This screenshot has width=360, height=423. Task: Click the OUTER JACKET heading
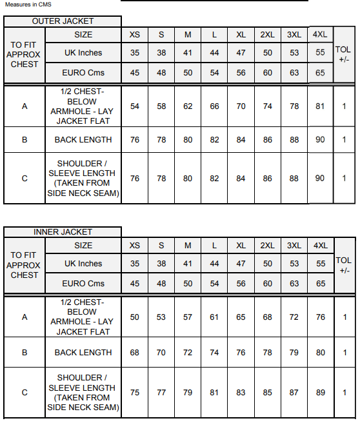click(x=63, y=21)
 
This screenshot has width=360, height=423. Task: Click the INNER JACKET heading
click(x=63, y=232)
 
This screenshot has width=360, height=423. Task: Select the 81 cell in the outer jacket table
click(x=320, y=106)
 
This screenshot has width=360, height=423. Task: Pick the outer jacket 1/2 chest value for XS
click(x=135, y=106)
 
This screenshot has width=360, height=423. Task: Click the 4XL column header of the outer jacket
click(x=319, y=35)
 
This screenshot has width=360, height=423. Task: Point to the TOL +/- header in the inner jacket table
click(x=344, y=265)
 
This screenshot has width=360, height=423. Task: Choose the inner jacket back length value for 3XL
click(x=294, y=353)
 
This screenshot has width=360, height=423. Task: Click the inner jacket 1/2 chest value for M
click(x=188, y=317)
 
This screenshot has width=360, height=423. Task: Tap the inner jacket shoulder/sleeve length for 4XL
click(x=320, y=393)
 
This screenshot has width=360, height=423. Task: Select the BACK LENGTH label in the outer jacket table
click(x=83, y=140)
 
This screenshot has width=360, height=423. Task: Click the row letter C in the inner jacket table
click(x=25, y=393)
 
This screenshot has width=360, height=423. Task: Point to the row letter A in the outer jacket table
click(x=25, y=106)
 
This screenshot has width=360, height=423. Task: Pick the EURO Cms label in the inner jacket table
click(x=83, y=284)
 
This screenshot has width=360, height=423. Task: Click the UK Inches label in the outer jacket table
click(x=83, y=53)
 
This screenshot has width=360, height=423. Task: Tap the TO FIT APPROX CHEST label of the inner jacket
click(x=25, y=265)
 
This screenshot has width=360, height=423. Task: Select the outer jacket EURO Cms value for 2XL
click(x=268, y=73)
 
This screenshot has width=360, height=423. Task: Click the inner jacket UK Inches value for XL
click(x=241, y=264)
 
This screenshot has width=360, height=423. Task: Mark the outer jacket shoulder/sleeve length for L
click(x=214, y=179)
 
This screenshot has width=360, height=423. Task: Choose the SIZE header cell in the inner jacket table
click(x=83, y=246)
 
